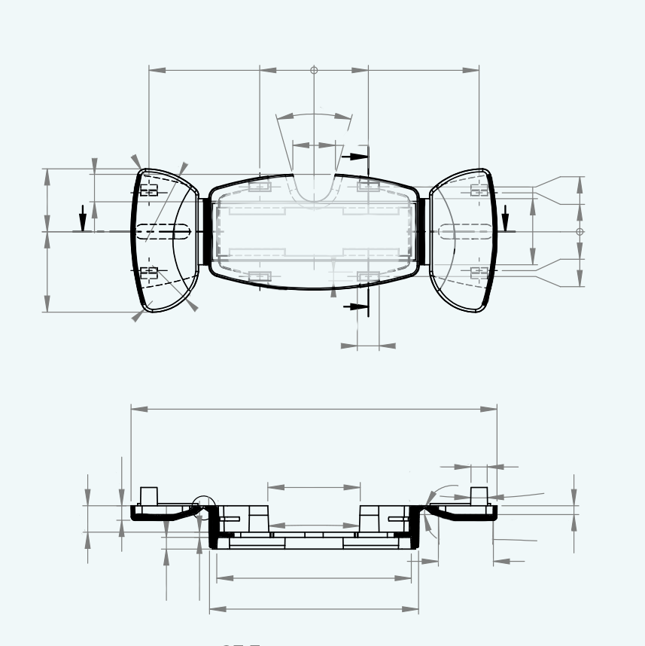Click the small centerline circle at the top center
314,70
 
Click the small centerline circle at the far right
580,231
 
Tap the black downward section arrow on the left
83,219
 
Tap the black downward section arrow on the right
506,218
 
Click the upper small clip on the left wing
149,190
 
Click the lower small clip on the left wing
149,271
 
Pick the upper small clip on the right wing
479,190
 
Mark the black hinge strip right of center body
422,230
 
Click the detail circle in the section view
203,507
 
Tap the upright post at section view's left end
148,496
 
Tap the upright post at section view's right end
479,496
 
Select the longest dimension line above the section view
314,409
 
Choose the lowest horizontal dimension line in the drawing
314,608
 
